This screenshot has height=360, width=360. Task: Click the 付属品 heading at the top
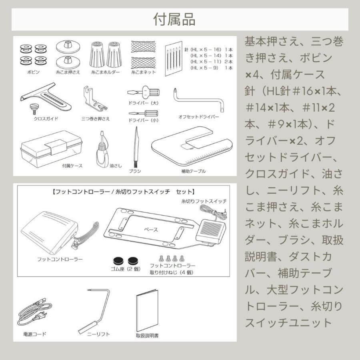coord(180,20)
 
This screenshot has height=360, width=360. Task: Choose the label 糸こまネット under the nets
coord(143,73)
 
